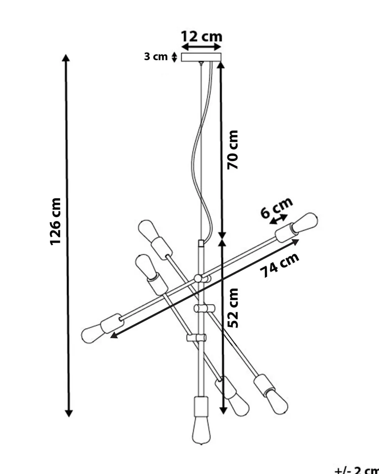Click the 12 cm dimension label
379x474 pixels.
pos(201,36)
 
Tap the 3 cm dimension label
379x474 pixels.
pos(156,57)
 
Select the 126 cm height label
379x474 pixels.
pos(55,221)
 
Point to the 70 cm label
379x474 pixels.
pos(233,150)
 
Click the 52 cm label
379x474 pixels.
pos(233,308)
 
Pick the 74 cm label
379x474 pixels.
pos(280,265)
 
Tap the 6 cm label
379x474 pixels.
pos(276,207)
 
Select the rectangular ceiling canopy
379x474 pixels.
pos(201,57)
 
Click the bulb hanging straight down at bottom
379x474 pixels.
pos(201,430)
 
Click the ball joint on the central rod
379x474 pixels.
pos(198,278)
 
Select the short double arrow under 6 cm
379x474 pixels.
pos(279,220)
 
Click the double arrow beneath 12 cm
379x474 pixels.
pos(202,47)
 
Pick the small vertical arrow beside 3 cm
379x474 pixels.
pos(174,57)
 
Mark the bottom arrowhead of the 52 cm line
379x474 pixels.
pos(223,410)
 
